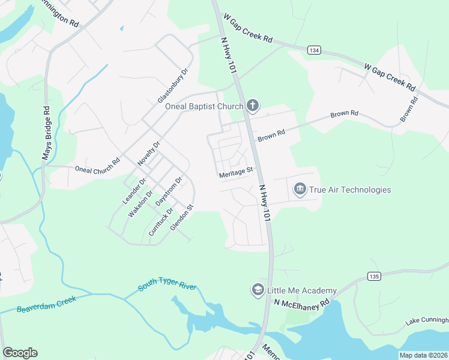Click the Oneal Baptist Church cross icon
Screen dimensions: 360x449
coord(253,107)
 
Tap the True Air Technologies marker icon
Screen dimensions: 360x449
coord(300,190)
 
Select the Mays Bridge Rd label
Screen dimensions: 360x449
coord(47,133)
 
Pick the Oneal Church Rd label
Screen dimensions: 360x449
coord(98,169)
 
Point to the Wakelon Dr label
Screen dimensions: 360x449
coord(140,204)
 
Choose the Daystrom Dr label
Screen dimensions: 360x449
coord(169,192)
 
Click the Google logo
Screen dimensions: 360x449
coord(20,353)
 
